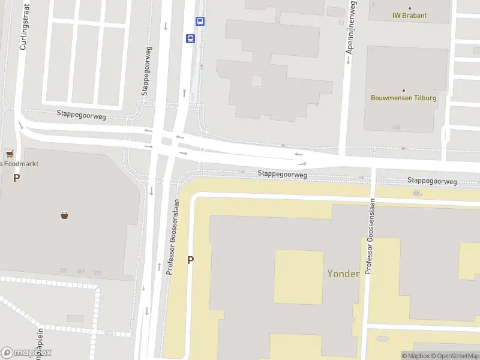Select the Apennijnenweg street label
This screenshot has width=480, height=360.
(350, 28)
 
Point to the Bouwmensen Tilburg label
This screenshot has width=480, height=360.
(403, 98)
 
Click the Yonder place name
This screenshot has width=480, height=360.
(343, 274)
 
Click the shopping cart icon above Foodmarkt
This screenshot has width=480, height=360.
(10, 154)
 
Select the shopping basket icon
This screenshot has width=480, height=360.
(64, 215)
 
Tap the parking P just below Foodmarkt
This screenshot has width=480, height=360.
(17, 178)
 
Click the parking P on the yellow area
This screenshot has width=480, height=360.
(191, 260)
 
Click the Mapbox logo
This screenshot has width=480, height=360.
(26, 352)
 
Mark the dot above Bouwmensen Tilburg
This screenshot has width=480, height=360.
(403, 90)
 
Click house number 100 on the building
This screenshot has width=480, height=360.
(395, 127)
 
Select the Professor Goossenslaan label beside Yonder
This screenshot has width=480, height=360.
(370, 238)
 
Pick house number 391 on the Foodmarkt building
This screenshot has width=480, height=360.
(98, 272)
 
